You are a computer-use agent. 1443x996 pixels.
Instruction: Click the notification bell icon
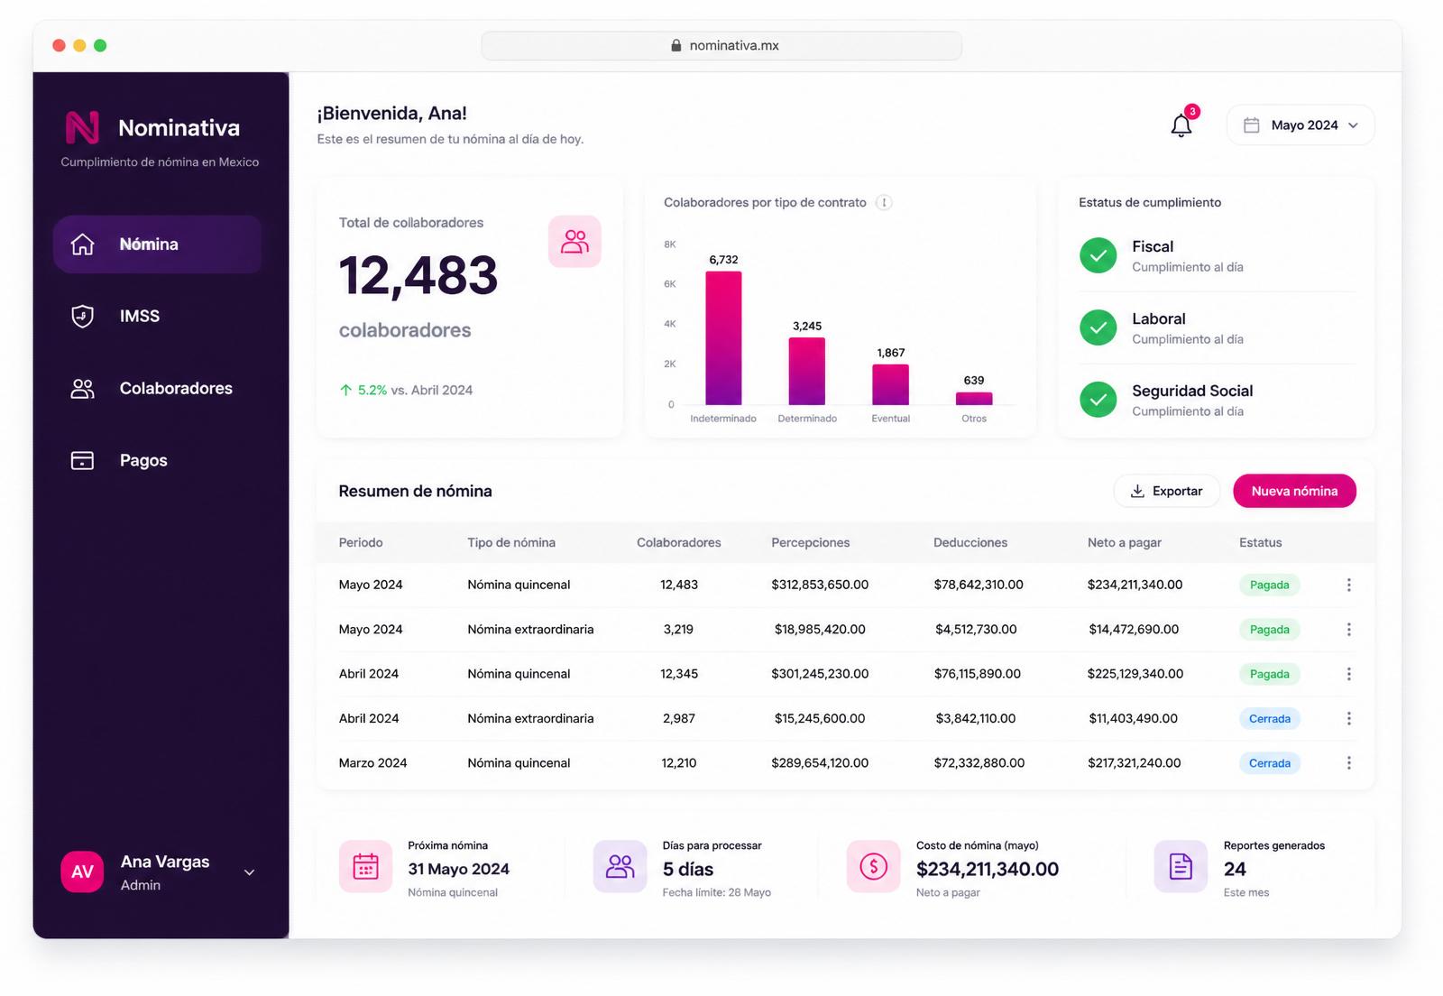point(1181,125)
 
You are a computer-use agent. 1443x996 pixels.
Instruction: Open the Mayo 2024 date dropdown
point(1300,125)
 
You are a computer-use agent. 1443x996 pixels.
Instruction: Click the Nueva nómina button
point(1294,491)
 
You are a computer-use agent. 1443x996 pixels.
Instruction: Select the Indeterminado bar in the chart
point(723,338)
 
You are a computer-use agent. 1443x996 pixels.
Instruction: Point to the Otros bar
point(973,399)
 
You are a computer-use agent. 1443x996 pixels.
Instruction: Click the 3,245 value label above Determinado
point(806,326)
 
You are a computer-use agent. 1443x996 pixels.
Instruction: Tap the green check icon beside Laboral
point(1098,327)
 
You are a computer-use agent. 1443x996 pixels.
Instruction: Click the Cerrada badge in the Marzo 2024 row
point(1269,762)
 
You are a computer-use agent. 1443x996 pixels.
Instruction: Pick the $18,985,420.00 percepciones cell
point(820,629)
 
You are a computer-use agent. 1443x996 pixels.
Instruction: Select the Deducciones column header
point(970,542)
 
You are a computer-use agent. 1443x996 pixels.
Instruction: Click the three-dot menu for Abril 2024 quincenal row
point(1348,674)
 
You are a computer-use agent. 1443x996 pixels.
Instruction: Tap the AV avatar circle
point(82,871)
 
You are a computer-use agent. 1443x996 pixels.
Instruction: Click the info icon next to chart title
point(884,202)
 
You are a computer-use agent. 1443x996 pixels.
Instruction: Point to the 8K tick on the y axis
point(669,244)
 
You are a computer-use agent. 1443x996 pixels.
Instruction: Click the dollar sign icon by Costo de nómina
point(873,866)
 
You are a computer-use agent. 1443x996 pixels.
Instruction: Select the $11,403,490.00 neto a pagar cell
point(1133,718)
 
